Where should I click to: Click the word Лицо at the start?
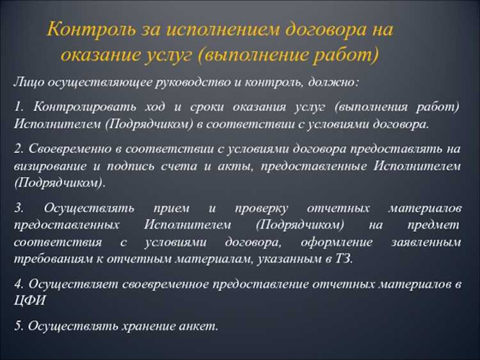pos(28,83)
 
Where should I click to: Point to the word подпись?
pos(149,166)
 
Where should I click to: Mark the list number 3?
pos(18,209)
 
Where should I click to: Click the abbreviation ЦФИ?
pos(29,300)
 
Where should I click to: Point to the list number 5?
pos(18,325)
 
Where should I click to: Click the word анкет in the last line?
pos(198,325)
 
